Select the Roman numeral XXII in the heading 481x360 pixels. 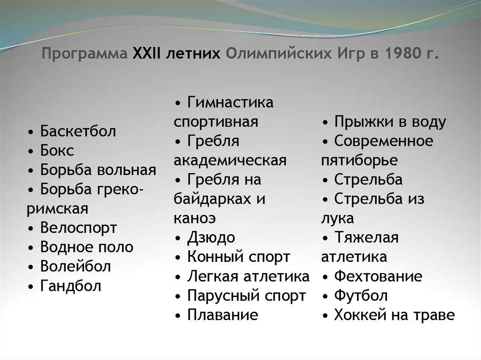coord(147,54)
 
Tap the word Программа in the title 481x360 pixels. coord(85,54)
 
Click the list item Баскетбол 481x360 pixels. coord(78,131)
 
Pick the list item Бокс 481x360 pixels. coord(57,151)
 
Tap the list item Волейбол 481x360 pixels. coord(76,267)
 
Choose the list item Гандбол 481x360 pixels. coord(70,286)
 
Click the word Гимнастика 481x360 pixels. coord(230,102)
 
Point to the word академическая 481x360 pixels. coord(230,161)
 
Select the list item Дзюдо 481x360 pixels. coord(211,238)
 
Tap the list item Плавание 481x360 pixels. coord(223,315)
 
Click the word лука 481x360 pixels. coord(337,219)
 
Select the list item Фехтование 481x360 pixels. coord(378,276)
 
